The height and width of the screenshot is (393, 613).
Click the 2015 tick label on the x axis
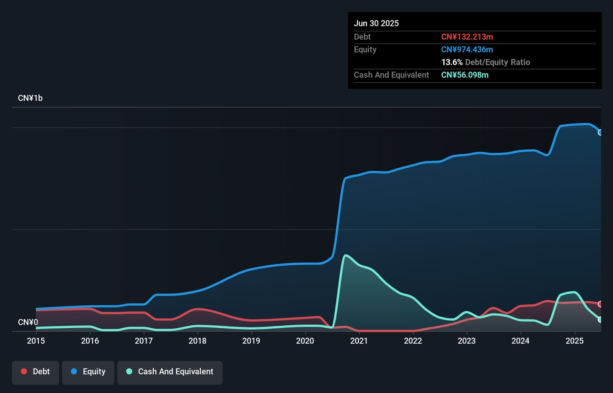[x=36, y=341]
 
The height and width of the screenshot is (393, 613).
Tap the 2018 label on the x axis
[x=198, y=341]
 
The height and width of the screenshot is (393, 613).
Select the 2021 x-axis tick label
[x=359, y=341]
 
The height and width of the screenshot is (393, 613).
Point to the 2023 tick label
[x=467, y=341]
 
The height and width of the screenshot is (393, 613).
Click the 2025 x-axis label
[x=574, y=341]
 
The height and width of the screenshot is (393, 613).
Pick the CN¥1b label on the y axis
[x=30, y=98]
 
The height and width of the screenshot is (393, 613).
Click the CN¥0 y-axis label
[x=28, y=322]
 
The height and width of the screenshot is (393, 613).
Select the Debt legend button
[x=35, y=372]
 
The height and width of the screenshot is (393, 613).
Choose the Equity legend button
[x=88, y=372]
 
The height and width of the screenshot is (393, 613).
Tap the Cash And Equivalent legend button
[x=170, y=372]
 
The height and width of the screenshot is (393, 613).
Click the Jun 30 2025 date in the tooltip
[x=376, y=23]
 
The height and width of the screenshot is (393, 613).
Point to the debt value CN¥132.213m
[x=467, y=37]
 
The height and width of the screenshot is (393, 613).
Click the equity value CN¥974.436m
[x=467, y=49]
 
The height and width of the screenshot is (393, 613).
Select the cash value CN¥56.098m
[x=465, y=75]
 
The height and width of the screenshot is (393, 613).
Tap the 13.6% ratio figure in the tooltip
[x=452, y=62]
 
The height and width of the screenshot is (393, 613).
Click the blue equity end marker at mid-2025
[x=600, y=132]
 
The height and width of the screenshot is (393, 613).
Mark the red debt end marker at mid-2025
[x=600, y=304]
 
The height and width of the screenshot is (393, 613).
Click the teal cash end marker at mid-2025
[x=600, y=319]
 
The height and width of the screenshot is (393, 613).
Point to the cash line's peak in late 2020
[x=346, y=255]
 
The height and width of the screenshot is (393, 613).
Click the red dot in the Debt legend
[x=24, y=371]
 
